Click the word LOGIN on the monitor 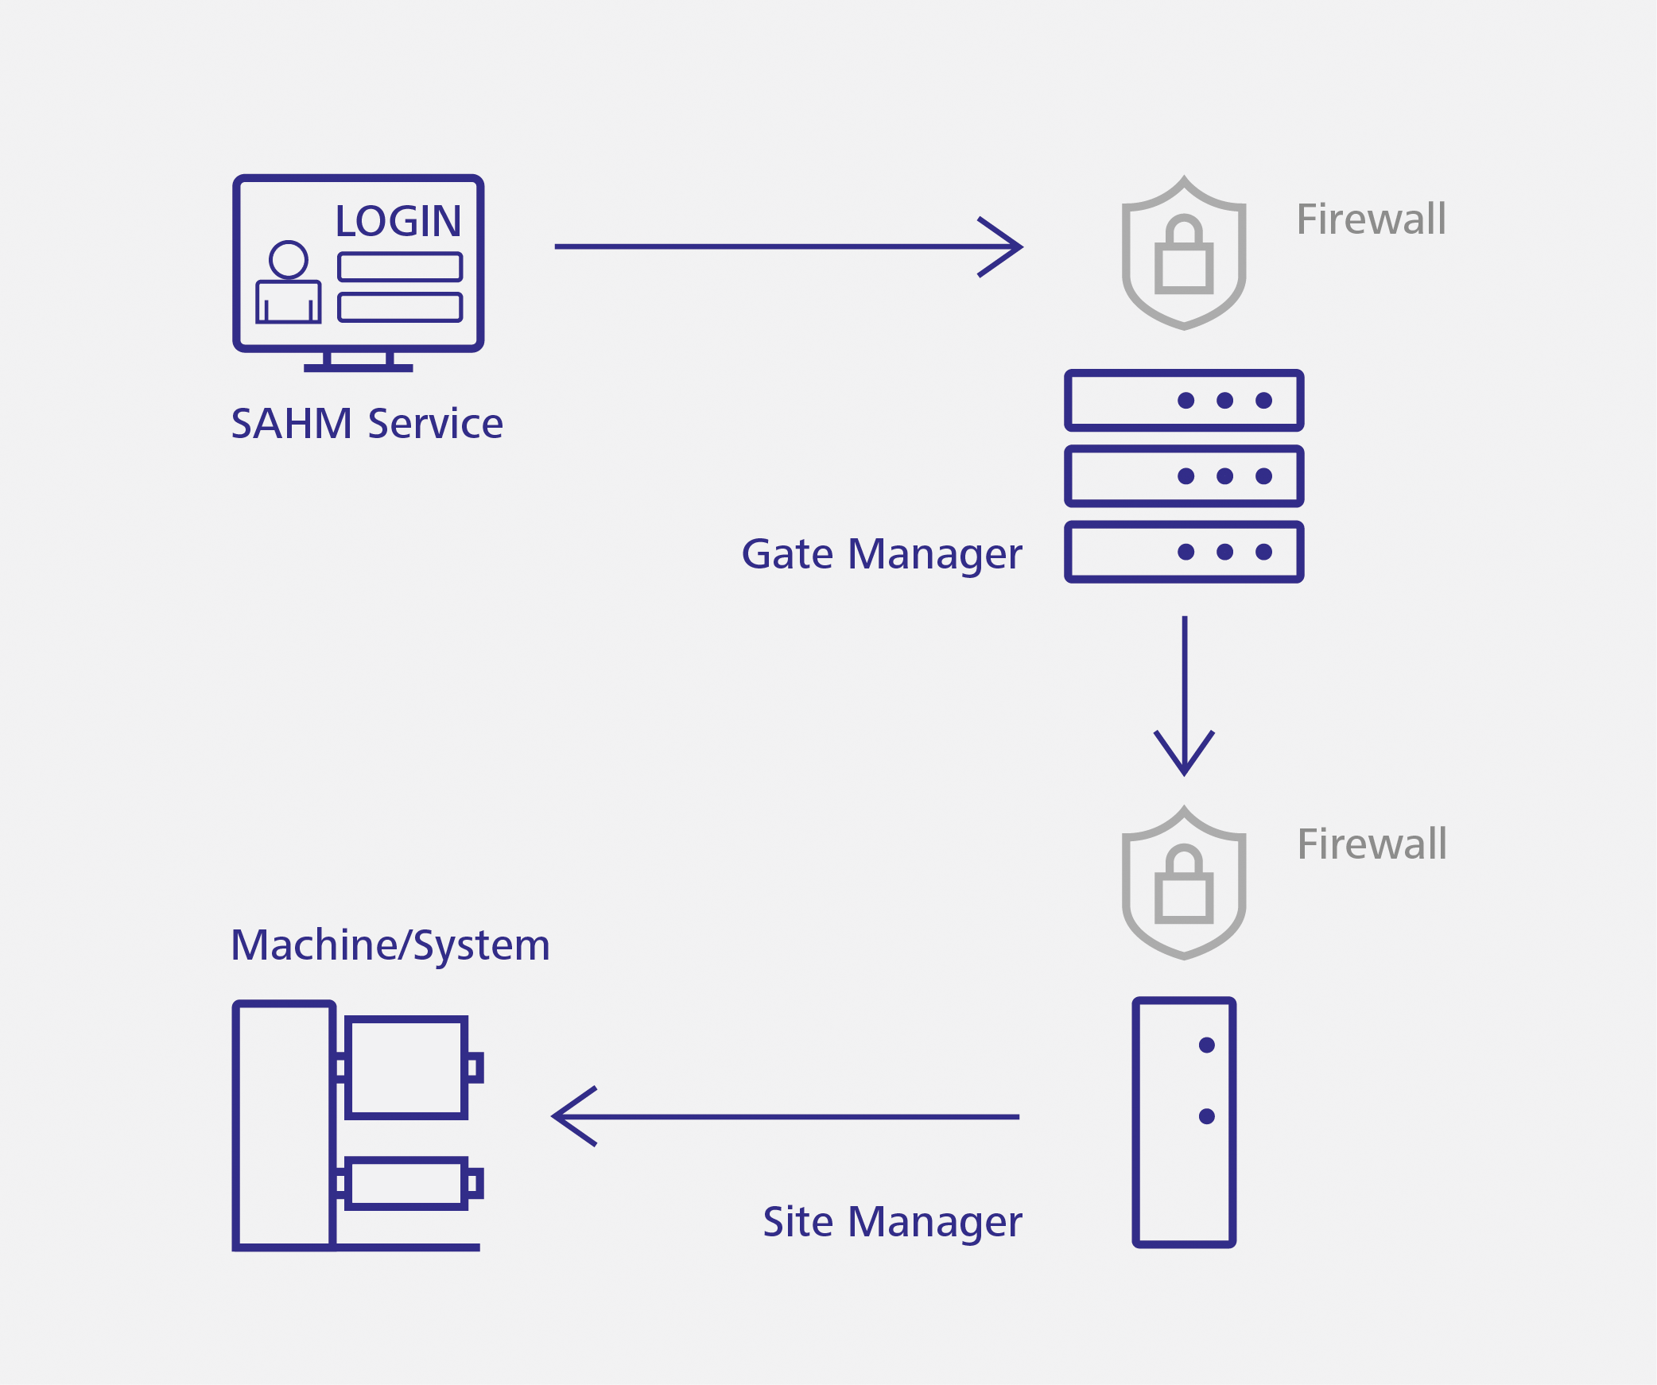[398, 221]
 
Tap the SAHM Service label [367, 423]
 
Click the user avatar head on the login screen [288, 259]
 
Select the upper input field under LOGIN [400, 267]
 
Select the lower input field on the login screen [400, 307]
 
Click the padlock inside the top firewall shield [1184, 258]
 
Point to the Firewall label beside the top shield [1371, 219]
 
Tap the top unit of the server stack [1184, 400]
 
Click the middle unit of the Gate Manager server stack [1184, 476]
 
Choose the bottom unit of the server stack [1184, 552]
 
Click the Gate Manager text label [881, 554]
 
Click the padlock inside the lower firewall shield [1184, 888]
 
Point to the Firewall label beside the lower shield [1372, 844]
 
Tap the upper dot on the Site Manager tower [1206, 1045]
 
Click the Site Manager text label [892, 1222]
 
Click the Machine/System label [390, 945]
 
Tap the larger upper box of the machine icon [406, 1068]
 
